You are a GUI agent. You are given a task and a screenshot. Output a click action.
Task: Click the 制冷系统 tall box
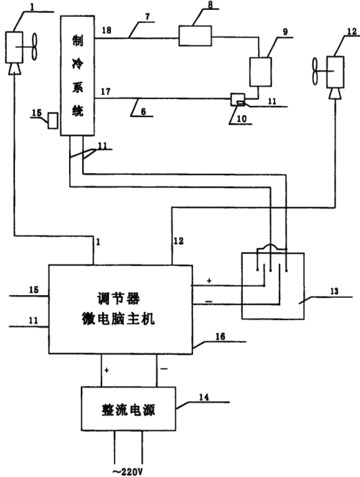point(77,76)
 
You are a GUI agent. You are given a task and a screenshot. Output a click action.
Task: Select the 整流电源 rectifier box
point(128,409)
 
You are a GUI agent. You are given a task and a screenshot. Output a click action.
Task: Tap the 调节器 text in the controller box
point(118,298)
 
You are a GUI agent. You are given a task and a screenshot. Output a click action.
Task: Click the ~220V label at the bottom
point(128,471)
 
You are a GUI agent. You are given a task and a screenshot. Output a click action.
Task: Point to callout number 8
point(211,4)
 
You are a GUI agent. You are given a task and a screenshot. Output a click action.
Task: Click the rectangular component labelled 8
point(195,36)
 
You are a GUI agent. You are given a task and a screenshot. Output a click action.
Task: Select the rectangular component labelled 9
point(260,72)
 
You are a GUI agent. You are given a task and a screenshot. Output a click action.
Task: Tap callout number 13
point(334,291)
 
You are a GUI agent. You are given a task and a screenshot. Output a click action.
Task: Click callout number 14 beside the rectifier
point(204,397)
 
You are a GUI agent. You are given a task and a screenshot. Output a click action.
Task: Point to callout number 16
point(220,336)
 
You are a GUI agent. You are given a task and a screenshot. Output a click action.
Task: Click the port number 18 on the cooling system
point(107,30)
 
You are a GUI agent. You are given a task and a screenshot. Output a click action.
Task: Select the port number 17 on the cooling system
point(106,92)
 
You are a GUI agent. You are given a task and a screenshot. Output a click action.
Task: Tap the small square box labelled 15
point(53,120)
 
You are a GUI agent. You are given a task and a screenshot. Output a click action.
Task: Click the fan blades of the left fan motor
point(34,47)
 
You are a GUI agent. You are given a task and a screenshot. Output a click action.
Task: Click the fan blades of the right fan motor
point(315,71)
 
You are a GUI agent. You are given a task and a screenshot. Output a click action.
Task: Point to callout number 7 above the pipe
point(148,16)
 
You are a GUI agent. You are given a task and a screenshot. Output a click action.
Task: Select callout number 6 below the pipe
point(143,111)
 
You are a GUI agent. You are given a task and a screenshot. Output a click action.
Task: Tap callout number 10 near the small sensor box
point(242,119)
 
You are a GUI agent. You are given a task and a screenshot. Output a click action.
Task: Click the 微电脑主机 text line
point(118,319)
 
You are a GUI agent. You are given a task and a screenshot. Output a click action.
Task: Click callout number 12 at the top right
point(352,31)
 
